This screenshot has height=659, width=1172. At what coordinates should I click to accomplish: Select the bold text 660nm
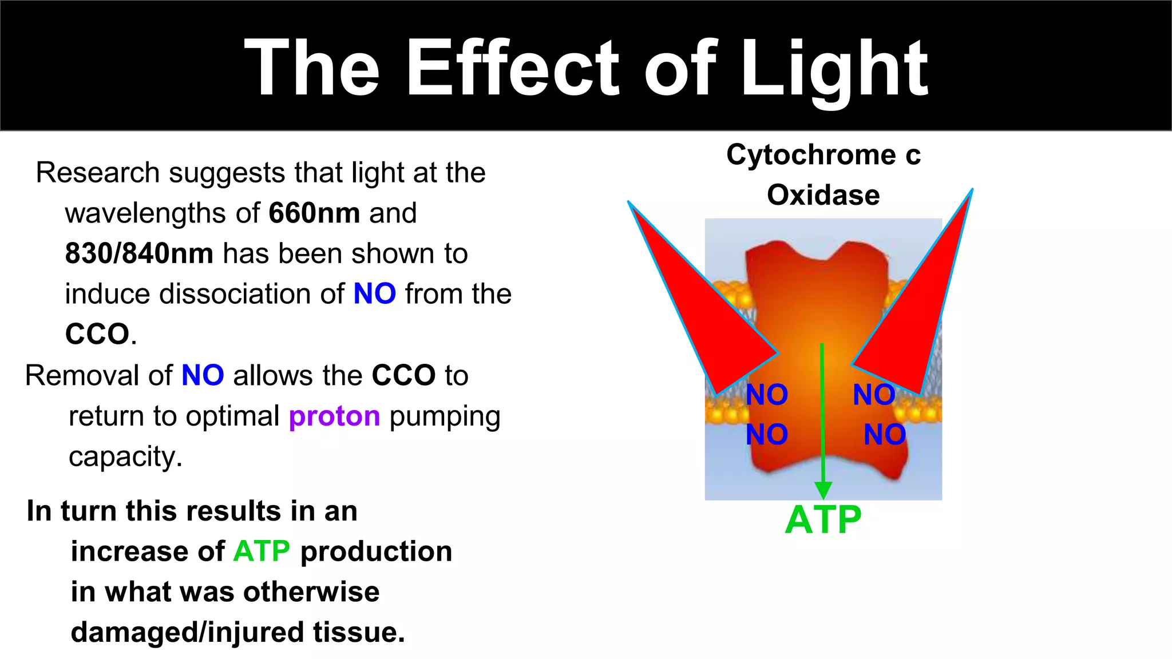pyautogui.click(x=314, y=213)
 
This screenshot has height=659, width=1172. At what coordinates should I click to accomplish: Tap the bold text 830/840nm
pyautogui.click(x=139, y=253)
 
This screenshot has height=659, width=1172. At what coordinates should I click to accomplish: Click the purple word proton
pyautogui.click(x=334, y=416)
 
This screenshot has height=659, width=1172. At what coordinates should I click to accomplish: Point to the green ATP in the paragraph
pyautogui.click(x=262, y=551)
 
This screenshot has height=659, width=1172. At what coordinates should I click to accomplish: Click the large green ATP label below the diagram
pyautogui.click(x=823, y=520)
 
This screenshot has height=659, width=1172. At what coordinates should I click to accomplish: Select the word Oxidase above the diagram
pyautogui.click(x=823, y=195)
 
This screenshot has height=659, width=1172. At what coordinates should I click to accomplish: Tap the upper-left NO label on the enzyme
pyautogui.click(x=767, y=395)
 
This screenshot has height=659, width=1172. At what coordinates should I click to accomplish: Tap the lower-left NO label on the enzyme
pyautogui.click(x=767, y=435)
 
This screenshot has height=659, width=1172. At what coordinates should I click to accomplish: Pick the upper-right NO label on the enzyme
pyautogui.click(x=874, y=395)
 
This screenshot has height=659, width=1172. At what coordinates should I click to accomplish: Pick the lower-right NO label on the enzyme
pyautogui.click(x=885, y=435)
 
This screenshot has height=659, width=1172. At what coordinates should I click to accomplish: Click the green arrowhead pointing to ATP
pyautogui.click(x=823, y=490)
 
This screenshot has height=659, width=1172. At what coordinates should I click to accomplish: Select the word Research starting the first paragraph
pyautogui.click(x=97, y=173)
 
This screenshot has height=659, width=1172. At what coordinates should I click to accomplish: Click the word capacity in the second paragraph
pyautogui.click(x=125, y=456)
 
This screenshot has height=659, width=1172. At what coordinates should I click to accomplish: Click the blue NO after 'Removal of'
pyautogui.click(x=203, y=376)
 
